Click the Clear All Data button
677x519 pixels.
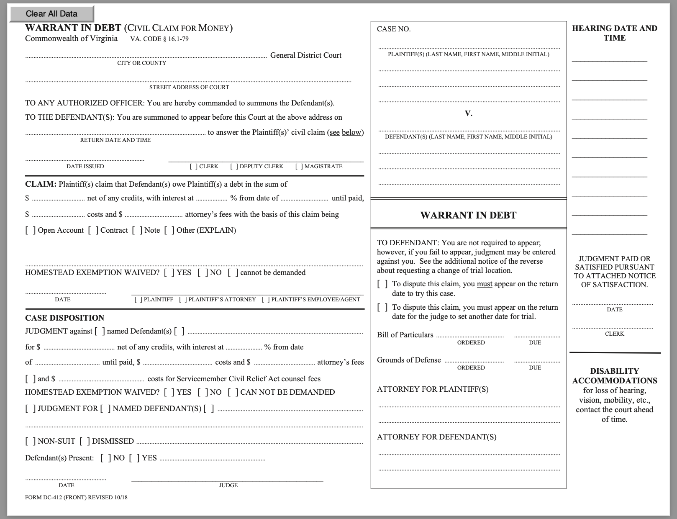click(x=51, y=13)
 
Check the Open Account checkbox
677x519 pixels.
click(x=31, y=230)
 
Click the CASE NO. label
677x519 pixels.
click(x=394, y=29)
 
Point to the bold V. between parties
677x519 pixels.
click(x=469, y=113)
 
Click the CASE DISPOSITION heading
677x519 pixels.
click(x=64, y=318)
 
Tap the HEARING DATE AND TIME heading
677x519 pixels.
click(x=614, y=33)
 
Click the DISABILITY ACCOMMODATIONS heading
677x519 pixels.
click(x=614, y=375)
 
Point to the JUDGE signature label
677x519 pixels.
click(x=228, y=485)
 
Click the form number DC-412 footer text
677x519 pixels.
click(x=76, y=497)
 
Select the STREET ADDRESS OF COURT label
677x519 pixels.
click(x=189, y=87)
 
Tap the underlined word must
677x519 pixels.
click(x=485, y=284)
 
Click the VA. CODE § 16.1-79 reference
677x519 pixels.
click(x=159, y=39)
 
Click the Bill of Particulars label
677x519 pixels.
click(x=405, y=335)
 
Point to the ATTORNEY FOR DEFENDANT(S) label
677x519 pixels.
click(x=436, y=437)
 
